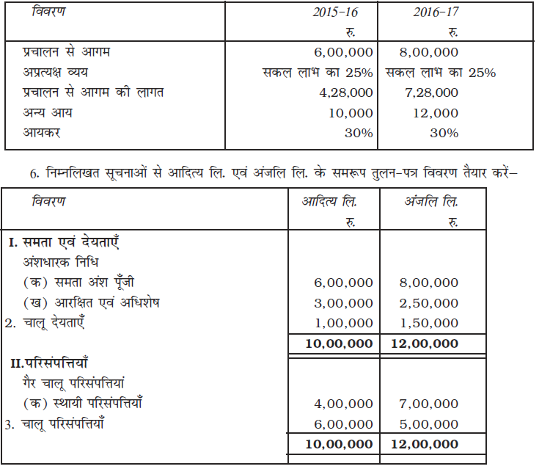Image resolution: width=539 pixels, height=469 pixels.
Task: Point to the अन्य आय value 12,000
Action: click(437, 113)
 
